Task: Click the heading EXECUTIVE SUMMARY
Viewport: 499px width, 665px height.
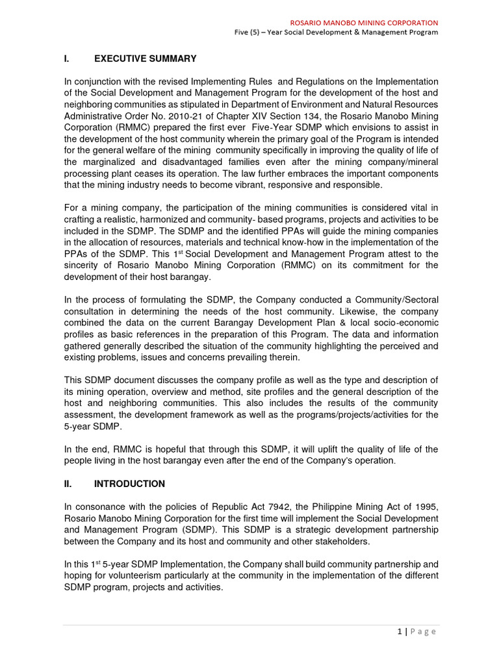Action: click(x=145, y=59)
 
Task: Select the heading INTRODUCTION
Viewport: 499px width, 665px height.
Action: click(x=129, y=484)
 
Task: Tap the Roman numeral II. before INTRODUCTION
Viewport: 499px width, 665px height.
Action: click(x=68, y=484)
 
